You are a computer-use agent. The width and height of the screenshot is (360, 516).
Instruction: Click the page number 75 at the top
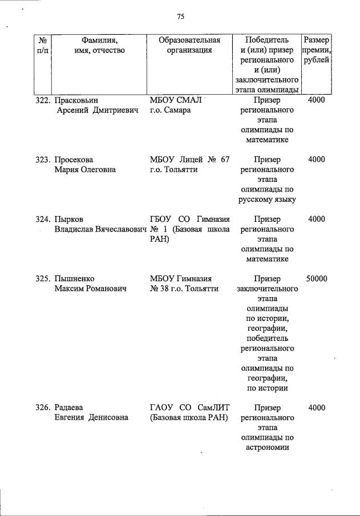pos(180,17)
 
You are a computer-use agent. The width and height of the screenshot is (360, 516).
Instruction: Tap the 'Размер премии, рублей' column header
pos(316,50)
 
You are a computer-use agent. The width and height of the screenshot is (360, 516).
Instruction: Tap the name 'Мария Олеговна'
pos(85,170)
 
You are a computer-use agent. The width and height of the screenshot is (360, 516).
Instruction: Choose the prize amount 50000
pos(316,279)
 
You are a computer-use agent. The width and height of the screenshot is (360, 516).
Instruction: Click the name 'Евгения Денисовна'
pos(91,418)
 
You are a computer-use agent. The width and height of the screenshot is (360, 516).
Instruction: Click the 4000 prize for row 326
pos(316,408)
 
